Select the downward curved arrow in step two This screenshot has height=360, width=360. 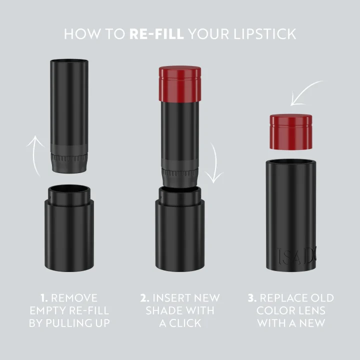point(215,162)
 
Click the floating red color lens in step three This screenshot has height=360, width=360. point(291,131)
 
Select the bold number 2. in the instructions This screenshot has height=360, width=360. point(145,298)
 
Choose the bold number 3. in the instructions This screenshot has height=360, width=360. point(252,298)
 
